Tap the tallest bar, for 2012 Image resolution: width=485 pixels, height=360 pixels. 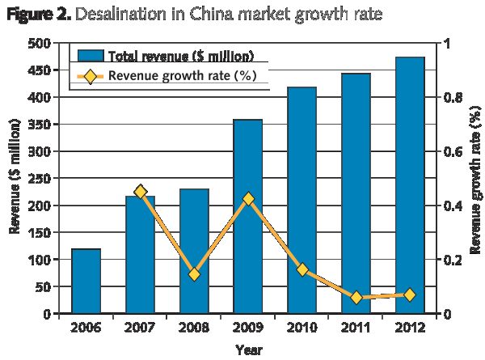[x=410, y=185]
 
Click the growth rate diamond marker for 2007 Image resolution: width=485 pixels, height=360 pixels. [x=141, y=192]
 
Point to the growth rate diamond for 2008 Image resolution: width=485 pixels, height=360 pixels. [x=194, y=274]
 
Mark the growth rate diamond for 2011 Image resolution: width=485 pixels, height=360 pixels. [x=356, y=298]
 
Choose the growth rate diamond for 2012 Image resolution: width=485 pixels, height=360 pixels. [x=410, y=295]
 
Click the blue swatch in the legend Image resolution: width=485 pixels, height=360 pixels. [x=90, y=56]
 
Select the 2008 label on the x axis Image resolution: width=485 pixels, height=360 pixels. [x=193, y=329]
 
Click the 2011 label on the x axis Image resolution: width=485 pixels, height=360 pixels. [x=356, y=329]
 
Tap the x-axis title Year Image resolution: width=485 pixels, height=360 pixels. [x=248, y=349]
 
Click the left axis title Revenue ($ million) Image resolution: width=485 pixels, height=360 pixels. [x=15, y=178]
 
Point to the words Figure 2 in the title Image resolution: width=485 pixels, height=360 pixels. [x=36, y=15]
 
